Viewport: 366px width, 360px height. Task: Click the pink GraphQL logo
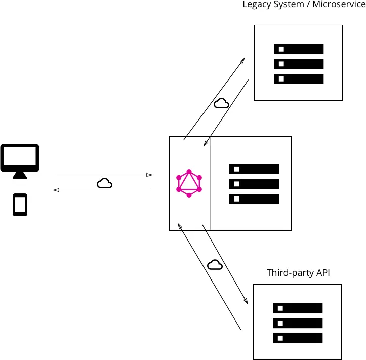[189, 183]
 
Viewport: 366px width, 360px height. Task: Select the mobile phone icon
[20, 205]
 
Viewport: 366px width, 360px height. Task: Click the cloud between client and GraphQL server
[104, 183]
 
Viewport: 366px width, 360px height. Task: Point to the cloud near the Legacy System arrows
[221, 103]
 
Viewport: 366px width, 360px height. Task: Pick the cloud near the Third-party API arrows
[215, 264]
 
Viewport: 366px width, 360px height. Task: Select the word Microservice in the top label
[339, 5]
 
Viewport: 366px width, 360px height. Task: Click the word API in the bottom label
[322, 273]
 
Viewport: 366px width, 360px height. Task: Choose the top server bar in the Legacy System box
[299, 49]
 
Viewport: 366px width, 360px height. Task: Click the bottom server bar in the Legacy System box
[299, 79]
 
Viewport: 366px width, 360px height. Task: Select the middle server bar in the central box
[254, 184]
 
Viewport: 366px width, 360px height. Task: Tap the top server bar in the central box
[254, 169]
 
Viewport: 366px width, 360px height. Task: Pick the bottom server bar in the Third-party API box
[298, 338]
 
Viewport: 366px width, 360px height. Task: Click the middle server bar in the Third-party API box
[298, 323]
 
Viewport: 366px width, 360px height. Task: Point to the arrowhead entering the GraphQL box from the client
[149, 175]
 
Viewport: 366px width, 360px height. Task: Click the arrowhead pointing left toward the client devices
[56, 190]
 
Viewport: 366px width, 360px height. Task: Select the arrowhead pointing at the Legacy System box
[242, 61]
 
